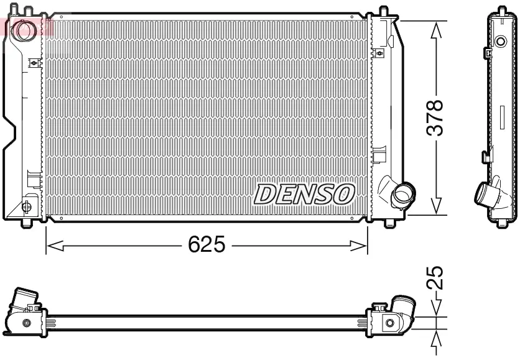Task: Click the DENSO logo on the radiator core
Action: (304, 194)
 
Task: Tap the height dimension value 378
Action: (435, 118)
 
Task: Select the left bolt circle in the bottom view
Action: (26, 323)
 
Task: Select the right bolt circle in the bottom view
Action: (389, 322)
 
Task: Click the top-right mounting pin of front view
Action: (383, 11)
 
